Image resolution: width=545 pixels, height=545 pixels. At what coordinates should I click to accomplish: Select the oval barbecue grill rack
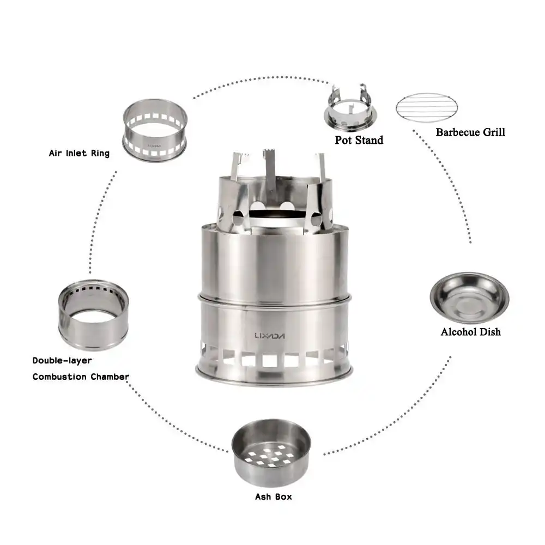tap(427, 107)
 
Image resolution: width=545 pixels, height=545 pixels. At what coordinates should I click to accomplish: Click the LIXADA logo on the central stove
tap(270, 336)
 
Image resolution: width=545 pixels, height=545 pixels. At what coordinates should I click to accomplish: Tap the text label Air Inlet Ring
tap(79, 153)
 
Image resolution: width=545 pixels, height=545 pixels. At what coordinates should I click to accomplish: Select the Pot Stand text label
tap(359, 140)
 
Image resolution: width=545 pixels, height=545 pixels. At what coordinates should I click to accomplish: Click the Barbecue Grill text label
tap(470, 132)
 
